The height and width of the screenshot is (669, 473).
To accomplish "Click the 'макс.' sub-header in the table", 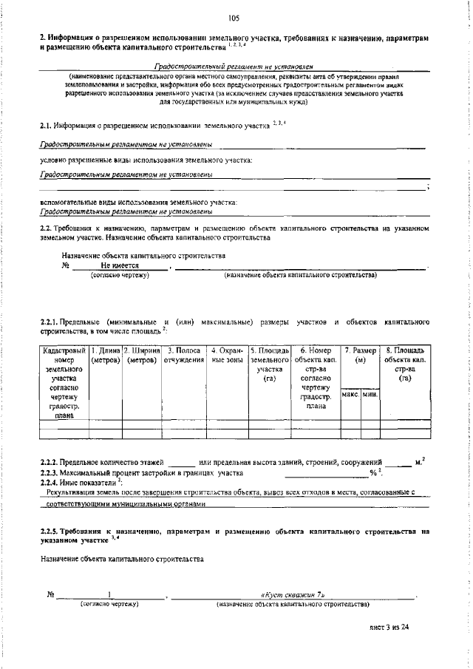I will tap(350, 395).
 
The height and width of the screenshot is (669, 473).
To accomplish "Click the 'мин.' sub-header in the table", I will tap(370, 395).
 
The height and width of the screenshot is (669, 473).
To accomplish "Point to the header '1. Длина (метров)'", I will tap(105, 355).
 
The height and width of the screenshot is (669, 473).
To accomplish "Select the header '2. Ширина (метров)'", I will tap(141, 355).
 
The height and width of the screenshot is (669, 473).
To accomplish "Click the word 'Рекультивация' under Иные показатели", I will tap(72, 491).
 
